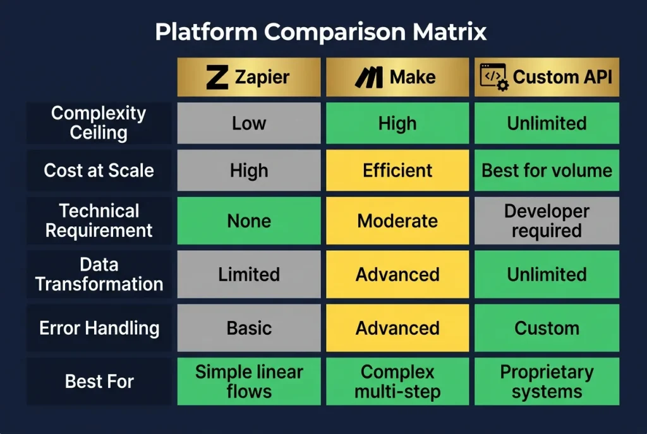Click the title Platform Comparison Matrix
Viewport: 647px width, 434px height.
click(x=321, y=32)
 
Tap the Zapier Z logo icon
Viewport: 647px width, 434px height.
click(x=217, y=78)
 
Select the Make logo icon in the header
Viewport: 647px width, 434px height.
click(x=368, y=78)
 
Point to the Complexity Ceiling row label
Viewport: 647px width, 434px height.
click(x=99, y=123)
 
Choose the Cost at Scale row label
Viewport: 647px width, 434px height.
click(x=99, y=171)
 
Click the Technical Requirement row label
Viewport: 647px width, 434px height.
click(x=99, y=220)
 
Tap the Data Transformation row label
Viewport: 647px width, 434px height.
click(x=99, y=274)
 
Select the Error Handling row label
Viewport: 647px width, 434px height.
click(x=99, y=328)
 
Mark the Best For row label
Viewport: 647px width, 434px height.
click(x=99, y=382)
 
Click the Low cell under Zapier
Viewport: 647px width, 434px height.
click(x=249, y=123)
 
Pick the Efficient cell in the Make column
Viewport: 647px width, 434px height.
click(x=397, y=171)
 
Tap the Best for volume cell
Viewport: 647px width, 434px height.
click(x=547, y=171)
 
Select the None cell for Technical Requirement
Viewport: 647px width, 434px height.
click(x=249, y=220)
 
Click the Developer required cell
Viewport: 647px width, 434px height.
click(x=547, y=220)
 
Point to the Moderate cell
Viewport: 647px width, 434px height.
click(x=397, y=220)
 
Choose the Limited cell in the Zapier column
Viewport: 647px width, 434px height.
click(x=249, y=274)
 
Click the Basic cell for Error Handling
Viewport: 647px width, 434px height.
click(x=249, y=328)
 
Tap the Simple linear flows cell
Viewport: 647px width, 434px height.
click(x=249, y=382)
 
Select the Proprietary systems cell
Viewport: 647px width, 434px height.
click(x=547, y=382)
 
